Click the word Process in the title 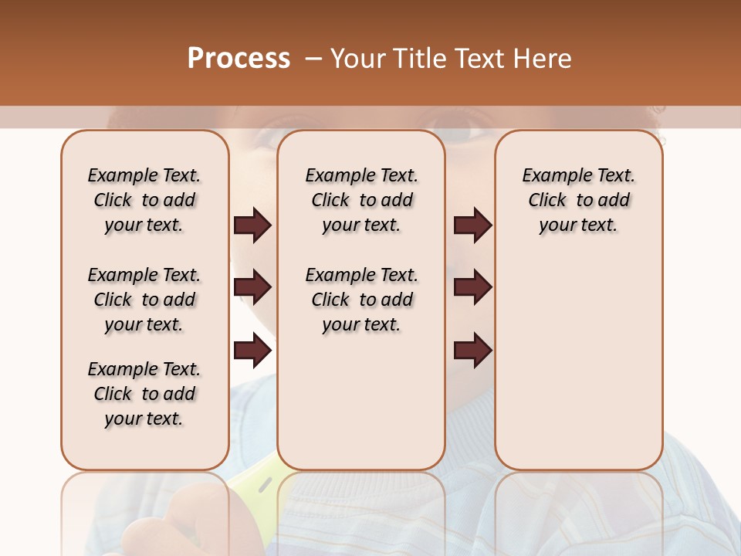(x=239, y=59)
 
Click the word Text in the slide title (x=482, y=59)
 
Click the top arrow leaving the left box (x=252, y=225)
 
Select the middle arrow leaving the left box (x=252, y=288)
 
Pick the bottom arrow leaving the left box (x=252, y=351)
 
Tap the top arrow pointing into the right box (x=472, y=225)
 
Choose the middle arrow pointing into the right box (x=472, y=288)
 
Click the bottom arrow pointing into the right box (x=472, y=351)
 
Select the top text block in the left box (x=144, y=200)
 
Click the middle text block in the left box (x=144, y=300)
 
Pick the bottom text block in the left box (x=144, y=394)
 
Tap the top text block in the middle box (x=361, y=200)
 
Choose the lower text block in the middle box (x=361, y=300)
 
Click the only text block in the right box (x=578, y=200)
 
